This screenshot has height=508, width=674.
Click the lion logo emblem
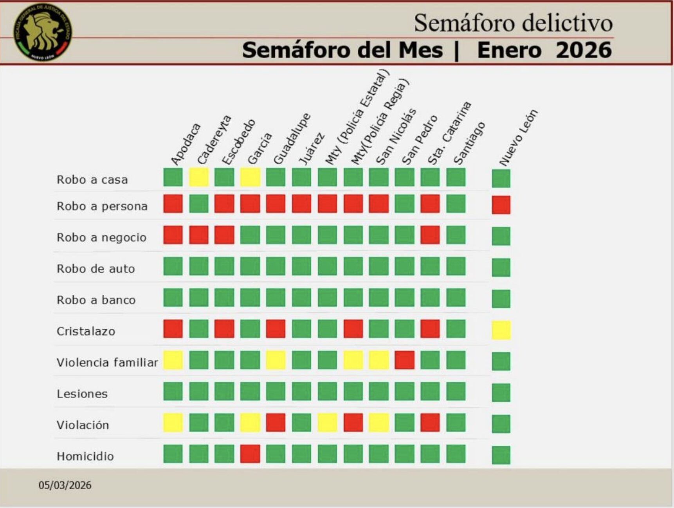(x=42, y=32)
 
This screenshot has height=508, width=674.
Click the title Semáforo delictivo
(x=513, y=23)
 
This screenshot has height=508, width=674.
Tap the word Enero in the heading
(x=509, y=50)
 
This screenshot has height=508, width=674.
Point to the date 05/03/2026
(x=65, y=485)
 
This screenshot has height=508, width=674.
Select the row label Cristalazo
(x=86, y=331)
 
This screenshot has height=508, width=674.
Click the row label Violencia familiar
(x=107, y=363)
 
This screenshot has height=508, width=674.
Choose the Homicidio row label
(x=85, y=456)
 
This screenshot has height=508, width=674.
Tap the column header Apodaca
(x=186, y=144)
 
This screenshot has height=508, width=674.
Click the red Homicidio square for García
(x=250, y=454)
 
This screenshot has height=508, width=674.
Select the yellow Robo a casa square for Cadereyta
(x=199, y=177)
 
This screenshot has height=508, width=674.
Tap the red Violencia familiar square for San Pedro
(x=404, y=360)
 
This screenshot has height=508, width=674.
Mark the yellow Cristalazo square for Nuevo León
(x=501, y=330)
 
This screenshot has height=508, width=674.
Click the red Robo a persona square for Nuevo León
(x=501, y=205)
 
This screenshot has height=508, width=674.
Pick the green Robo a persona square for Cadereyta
(x=199, y=204)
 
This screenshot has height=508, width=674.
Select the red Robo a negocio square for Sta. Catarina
(x=430, y=235)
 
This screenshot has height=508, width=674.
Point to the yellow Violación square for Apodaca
(x=173, y=422)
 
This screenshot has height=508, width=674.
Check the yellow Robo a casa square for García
(x=250, y=177)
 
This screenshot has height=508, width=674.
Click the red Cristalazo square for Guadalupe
(x=276, y=328)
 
